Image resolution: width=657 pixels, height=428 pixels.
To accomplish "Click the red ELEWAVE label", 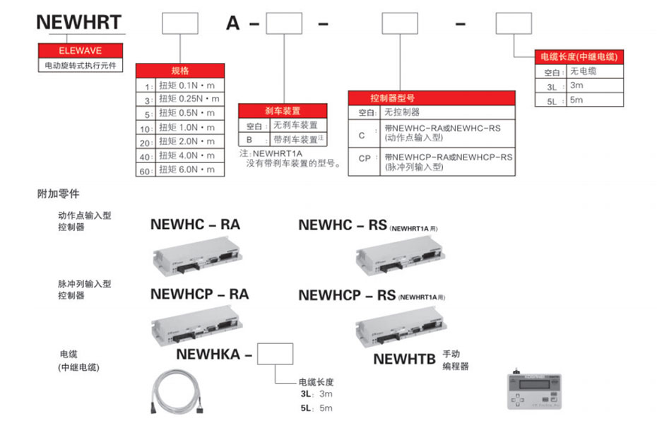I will click(x=80, y=51).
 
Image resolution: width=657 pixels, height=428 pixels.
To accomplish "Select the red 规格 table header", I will click(x=180, y=71).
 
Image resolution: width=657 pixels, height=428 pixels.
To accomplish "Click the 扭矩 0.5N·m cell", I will click(x=188, y=113).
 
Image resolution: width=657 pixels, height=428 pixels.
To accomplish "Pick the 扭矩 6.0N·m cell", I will click(x=188, y=170).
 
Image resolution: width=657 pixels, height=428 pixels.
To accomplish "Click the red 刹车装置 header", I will click(x=283, y=111).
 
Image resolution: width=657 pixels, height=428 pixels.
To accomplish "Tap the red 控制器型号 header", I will click(x=432, y=97).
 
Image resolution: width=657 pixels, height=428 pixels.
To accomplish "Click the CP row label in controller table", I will click(x=365, y=158).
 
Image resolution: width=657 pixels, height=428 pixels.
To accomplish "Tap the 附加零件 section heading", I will click(x=59, y=193).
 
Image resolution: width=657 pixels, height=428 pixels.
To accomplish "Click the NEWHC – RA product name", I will click(x=195, y=225).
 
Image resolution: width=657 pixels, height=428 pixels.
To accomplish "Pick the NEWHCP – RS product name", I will click(x=347, y=295).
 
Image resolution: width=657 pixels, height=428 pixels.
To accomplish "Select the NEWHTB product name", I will click(x=404, y=359).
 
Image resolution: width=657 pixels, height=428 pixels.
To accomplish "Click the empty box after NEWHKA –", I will click(x=275, y=354).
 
